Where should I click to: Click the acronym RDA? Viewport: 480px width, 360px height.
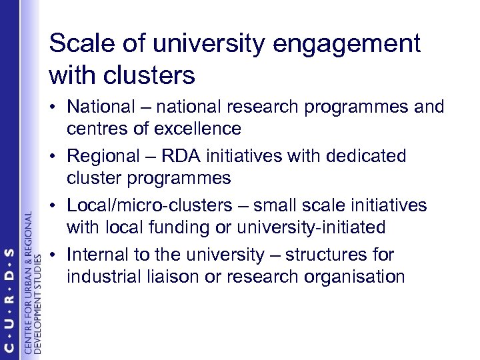[198, 156]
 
